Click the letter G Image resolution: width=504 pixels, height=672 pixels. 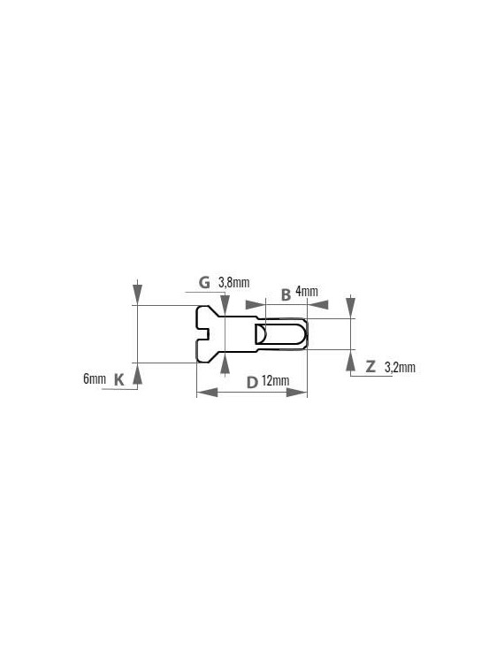pos(205,283)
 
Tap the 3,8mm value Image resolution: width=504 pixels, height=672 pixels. pos(234,283)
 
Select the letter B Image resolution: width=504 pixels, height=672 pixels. pos(286,294)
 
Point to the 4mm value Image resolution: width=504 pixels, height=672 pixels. pos(307,292)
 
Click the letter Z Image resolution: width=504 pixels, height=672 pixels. pos(370,366)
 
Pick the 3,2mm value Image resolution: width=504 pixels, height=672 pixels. pos(400,367)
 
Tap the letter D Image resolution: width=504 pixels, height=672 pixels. pos(252,382)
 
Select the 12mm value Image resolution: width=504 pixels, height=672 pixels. pos(275,380)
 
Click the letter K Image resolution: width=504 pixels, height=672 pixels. pos(118,379)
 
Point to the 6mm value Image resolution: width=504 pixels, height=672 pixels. pos(95,378)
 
